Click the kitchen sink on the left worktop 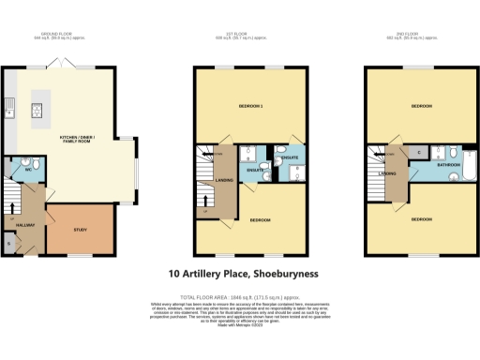click(x=8, y=106)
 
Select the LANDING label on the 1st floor click(x=224, y=180)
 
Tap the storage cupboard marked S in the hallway click(x=9, y=244)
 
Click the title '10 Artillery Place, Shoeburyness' click(x=243, y=274)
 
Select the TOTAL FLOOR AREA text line click(x=243, y=295)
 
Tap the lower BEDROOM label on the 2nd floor click(x=421, y=218)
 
